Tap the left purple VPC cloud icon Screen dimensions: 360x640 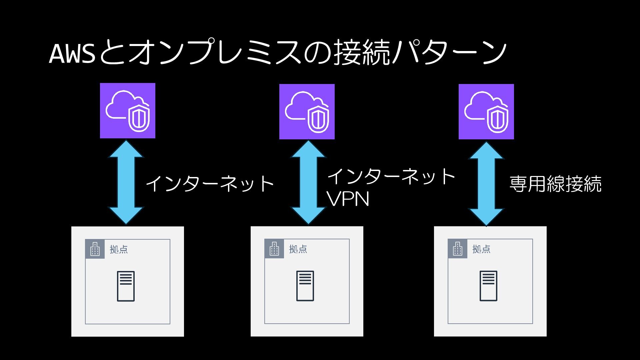pyautogui.click(x=128, y=111)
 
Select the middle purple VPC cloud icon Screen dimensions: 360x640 pyautogui.click(x=307, y=112)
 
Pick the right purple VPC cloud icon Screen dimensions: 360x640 pyautogui.click(x=486, y=112)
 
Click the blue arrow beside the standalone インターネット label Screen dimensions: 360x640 pyautogui.click(x=126, y=182)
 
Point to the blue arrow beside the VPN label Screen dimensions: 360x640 pyautogui.click(x=308, y=182)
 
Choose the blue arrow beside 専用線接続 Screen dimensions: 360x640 pyautogui.click(x=486, y=184)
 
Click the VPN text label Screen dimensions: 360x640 pyautogui.click(x=348, y=199)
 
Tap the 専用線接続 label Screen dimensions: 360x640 pyautogui.click(x=555, y=184)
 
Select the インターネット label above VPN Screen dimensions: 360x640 pyautogui.click(x=391, y=176)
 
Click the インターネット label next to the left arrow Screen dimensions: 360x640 pyautogui.click(x=210, y=184)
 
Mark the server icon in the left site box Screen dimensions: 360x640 pyautogui.click(x=126, y=286)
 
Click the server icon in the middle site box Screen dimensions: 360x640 pyautogui.click(x=305, y=286)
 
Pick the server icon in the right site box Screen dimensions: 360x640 pyautogui.click(x=488, y=286)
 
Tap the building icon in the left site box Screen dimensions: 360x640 pyautogui.click(x=95, y=249)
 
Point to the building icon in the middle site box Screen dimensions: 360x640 pyautogui.click(x=274, y=249)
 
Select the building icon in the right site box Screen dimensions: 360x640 pyautogui.click(x=458, y=249)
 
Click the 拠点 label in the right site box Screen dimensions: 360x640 pyautogui.click(x=481, y=249)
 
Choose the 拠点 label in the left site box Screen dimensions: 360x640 pyautogui.click(x=119, y=249)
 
